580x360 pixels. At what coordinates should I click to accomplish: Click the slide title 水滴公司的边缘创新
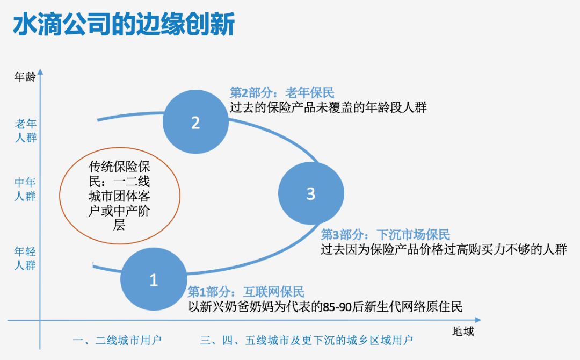point(124,25)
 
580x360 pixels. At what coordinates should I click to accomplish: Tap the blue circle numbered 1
point(154,279)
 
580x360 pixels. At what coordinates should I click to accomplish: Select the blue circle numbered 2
point(195,123)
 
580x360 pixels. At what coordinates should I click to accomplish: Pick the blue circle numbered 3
point(310,193)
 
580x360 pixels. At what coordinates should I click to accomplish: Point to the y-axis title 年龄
point(25,77)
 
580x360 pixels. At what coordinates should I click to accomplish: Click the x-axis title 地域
point(463,331)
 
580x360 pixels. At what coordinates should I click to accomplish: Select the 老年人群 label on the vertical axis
point(25,131)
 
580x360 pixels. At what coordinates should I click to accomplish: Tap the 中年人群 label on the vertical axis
point(25,189)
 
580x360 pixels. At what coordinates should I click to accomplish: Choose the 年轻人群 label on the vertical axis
point(25,258)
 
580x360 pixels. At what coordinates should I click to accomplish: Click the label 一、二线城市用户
point(117,340)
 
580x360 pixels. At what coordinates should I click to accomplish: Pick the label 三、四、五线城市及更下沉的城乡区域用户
point(307,340)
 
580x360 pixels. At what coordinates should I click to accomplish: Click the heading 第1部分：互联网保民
point(246,292)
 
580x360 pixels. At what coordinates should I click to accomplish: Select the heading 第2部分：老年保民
point(282,92)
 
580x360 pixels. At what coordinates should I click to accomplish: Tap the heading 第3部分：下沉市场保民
point(385,235)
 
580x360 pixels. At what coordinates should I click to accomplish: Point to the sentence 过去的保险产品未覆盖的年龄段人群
point(328,107)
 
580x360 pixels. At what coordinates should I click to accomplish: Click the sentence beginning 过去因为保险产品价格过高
point(444,250)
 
